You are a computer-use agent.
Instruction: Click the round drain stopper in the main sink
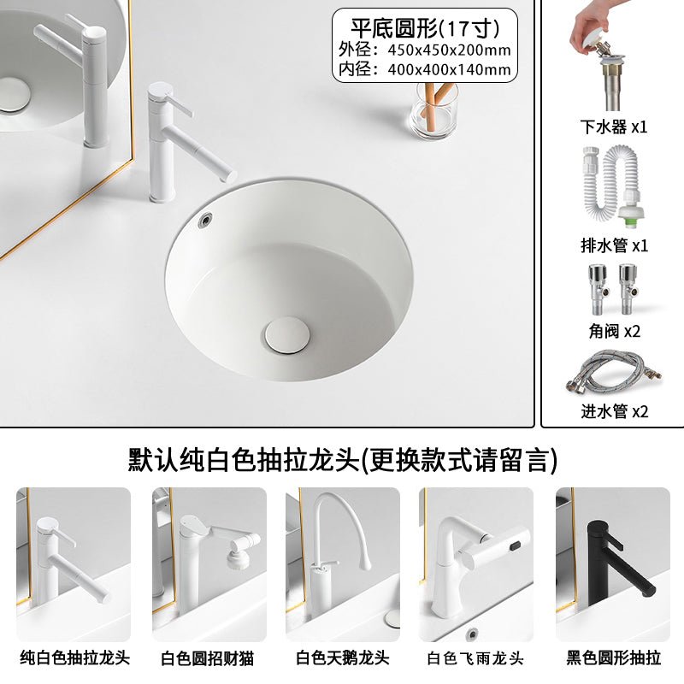[287, 335]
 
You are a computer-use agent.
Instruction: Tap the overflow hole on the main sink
[205, 218]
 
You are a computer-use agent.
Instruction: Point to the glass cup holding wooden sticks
[435, 109]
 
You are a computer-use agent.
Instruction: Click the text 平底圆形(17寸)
[425, 28]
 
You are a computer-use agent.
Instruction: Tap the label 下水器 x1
[614, 127]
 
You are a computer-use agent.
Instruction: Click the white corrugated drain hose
[614, 187]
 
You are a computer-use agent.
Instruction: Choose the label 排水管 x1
[614, 245]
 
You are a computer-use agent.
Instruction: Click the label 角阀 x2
[614, 331]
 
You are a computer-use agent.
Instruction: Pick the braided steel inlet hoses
[614, 372]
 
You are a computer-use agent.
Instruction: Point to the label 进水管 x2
[614, 411]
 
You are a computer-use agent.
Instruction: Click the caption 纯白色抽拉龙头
[74, 657]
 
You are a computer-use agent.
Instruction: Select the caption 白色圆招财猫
[207, 658]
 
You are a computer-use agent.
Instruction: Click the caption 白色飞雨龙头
[475, 658]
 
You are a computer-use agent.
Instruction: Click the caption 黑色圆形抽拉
[613, 657]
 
